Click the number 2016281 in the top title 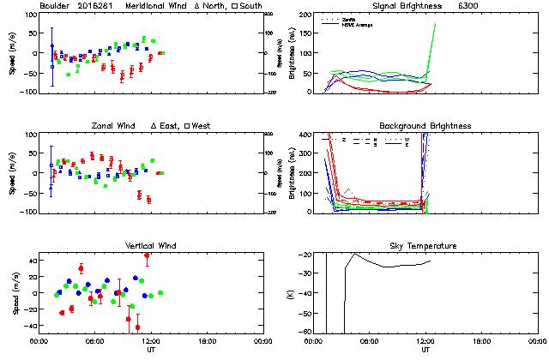(97, 6)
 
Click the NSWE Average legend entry (359, 23)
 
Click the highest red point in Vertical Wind (147, 255)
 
